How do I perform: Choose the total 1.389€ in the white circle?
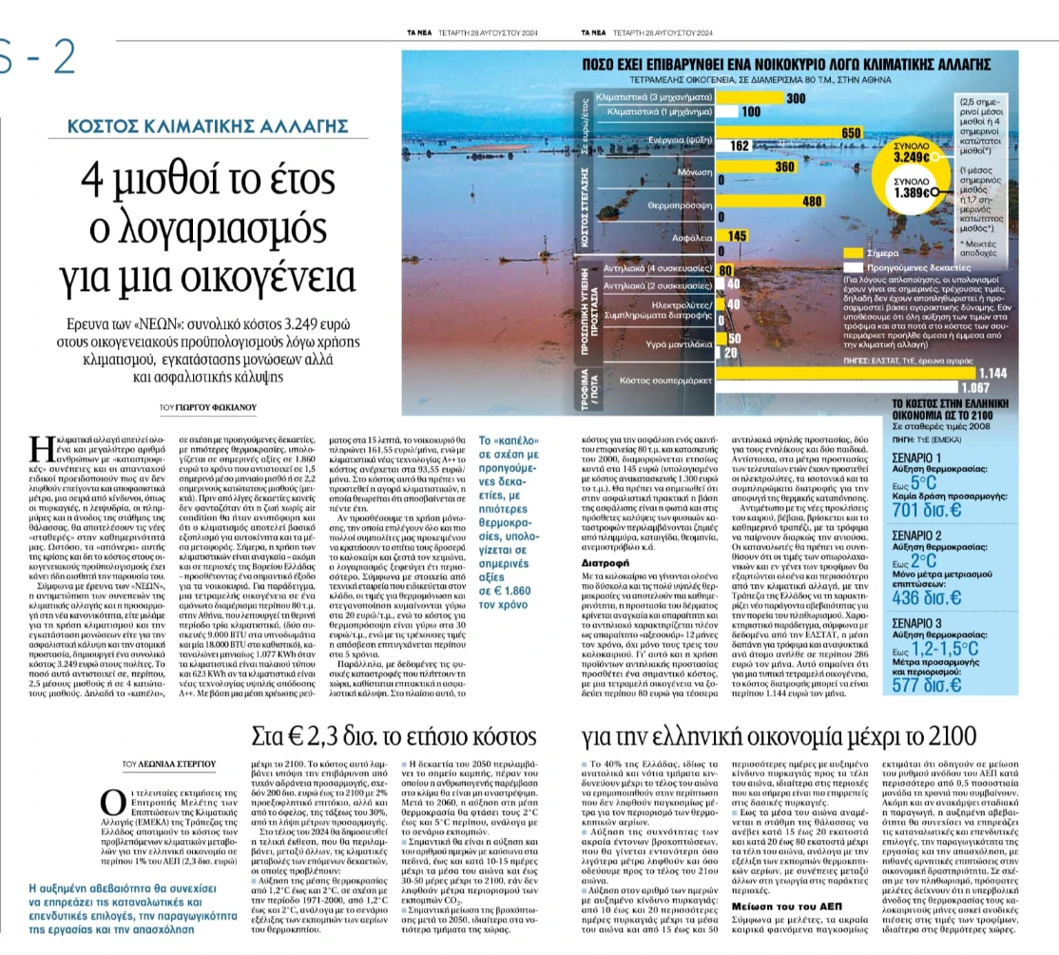(x=914, y=192)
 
